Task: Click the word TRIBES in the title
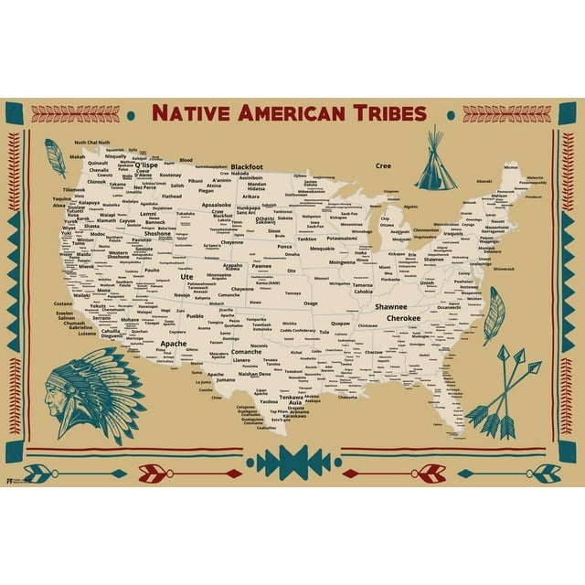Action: (382, 113)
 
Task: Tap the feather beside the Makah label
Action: (57, 157)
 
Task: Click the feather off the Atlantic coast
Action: (495, 314)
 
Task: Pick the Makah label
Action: (77, 156)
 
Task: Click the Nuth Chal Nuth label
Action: (91, 144)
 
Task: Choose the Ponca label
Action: (285, 247)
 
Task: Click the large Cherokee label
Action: (402, 318)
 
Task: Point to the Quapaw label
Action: (340, 323)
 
